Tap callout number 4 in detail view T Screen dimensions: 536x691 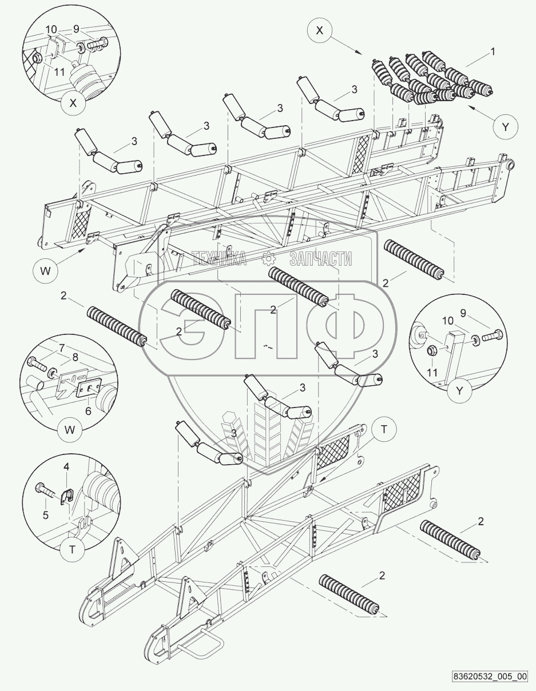tap(66, 467)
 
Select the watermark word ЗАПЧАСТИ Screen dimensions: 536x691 tap(320, 259)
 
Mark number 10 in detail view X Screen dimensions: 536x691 tap(51, 29)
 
